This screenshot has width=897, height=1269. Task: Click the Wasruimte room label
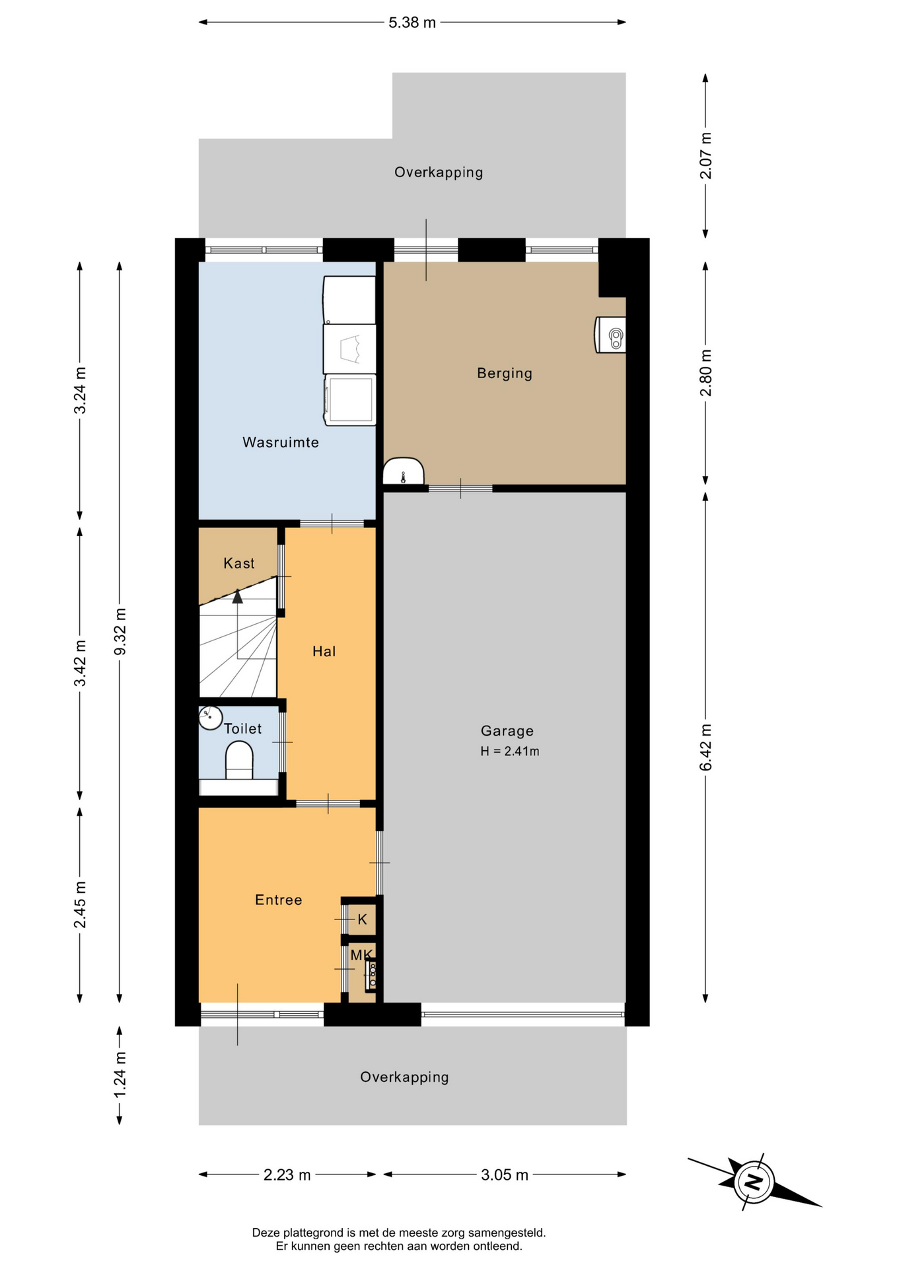[281, 442]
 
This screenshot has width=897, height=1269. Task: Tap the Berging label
[505, 373]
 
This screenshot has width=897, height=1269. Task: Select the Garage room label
[507, 730]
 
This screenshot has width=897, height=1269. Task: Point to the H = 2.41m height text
[509, 751]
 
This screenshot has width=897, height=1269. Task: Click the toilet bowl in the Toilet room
[239, 760]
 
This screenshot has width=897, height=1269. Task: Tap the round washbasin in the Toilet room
[211, 718]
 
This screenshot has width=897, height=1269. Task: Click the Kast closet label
[239, 563]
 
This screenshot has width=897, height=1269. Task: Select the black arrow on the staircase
[237, 596]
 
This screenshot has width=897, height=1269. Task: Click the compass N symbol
[754, 1182]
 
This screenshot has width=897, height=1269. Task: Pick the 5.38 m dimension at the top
[412, 22]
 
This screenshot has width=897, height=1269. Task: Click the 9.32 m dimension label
[120, 631]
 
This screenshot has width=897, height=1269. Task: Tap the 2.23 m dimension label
[287, 1174]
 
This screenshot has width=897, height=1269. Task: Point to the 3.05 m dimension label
[505, 1174]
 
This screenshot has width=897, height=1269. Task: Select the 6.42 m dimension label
[705, 747]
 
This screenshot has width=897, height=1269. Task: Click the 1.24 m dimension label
[120, 1075]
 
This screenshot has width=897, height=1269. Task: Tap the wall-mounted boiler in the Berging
[610, 334]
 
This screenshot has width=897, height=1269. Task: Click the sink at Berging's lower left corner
[404, 471]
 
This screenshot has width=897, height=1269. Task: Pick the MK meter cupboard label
[362, 954]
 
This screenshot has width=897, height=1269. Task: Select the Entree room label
[279, 900]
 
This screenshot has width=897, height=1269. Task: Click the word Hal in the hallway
[324, 652]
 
